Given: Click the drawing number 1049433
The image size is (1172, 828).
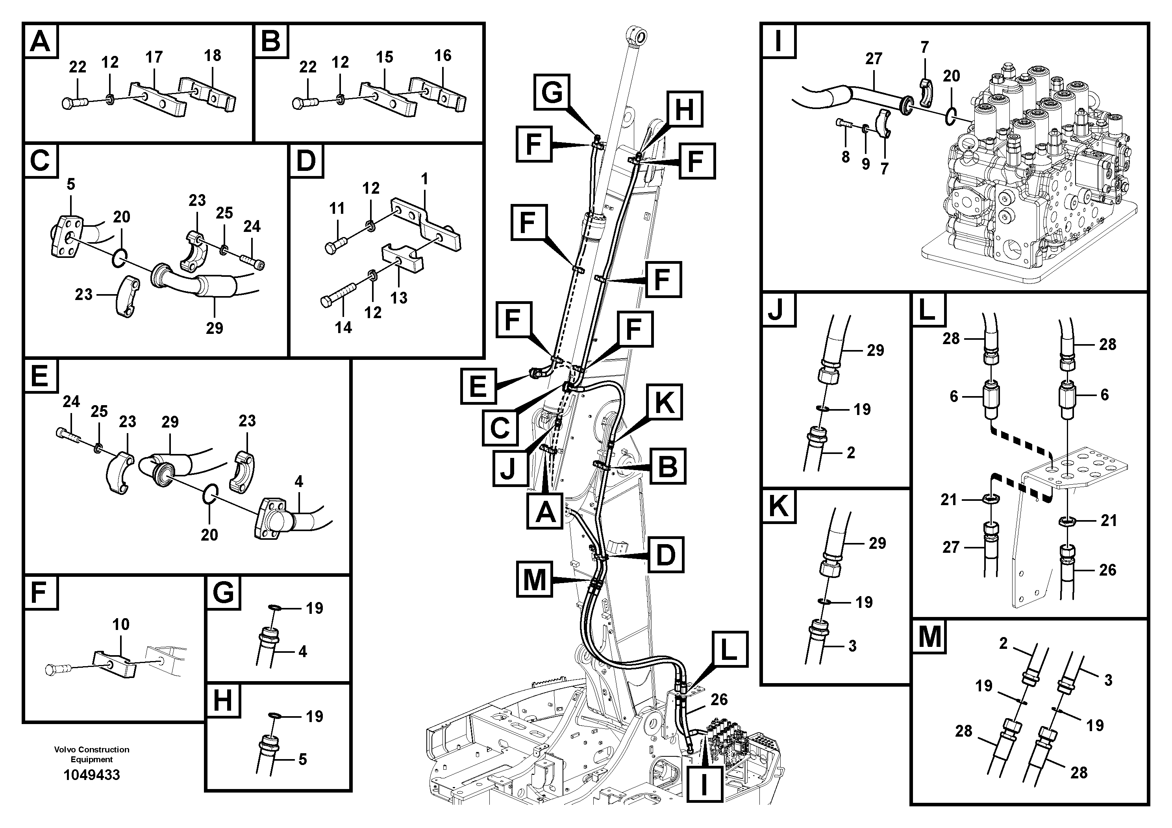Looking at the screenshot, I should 91,775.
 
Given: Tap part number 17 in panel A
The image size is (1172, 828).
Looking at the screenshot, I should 154,57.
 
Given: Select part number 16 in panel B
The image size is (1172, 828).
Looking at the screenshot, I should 443,56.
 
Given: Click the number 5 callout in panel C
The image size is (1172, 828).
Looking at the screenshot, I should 71,185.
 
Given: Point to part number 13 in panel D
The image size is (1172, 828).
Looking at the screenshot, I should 399,298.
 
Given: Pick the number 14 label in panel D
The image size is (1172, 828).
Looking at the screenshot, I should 343,327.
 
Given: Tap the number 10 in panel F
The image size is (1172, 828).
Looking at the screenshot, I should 121,624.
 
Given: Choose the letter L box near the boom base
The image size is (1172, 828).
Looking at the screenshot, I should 728,649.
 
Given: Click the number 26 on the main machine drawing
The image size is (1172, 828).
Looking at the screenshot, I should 719,699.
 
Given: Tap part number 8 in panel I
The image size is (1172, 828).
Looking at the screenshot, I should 845,157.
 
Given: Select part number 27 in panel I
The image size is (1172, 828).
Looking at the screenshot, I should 873,59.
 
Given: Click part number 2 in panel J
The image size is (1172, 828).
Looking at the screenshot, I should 850,452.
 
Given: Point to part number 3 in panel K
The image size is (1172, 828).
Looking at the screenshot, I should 852,646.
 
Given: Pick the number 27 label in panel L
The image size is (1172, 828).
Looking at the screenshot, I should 950,547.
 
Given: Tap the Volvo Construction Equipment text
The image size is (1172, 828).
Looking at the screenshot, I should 91,754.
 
